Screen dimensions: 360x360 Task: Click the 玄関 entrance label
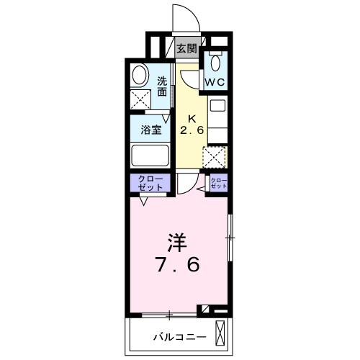187,49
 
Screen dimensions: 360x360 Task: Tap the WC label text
216,82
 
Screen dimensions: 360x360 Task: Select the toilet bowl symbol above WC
215,61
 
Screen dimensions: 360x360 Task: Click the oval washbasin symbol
140,75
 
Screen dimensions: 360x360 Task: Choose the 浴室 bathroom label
150,130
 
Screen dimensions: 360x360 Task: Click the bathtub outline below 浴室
150,156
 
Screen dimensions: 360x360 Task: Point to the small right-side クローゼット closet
219,184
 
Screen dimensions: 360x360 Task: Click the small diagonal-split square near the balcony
207,310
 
